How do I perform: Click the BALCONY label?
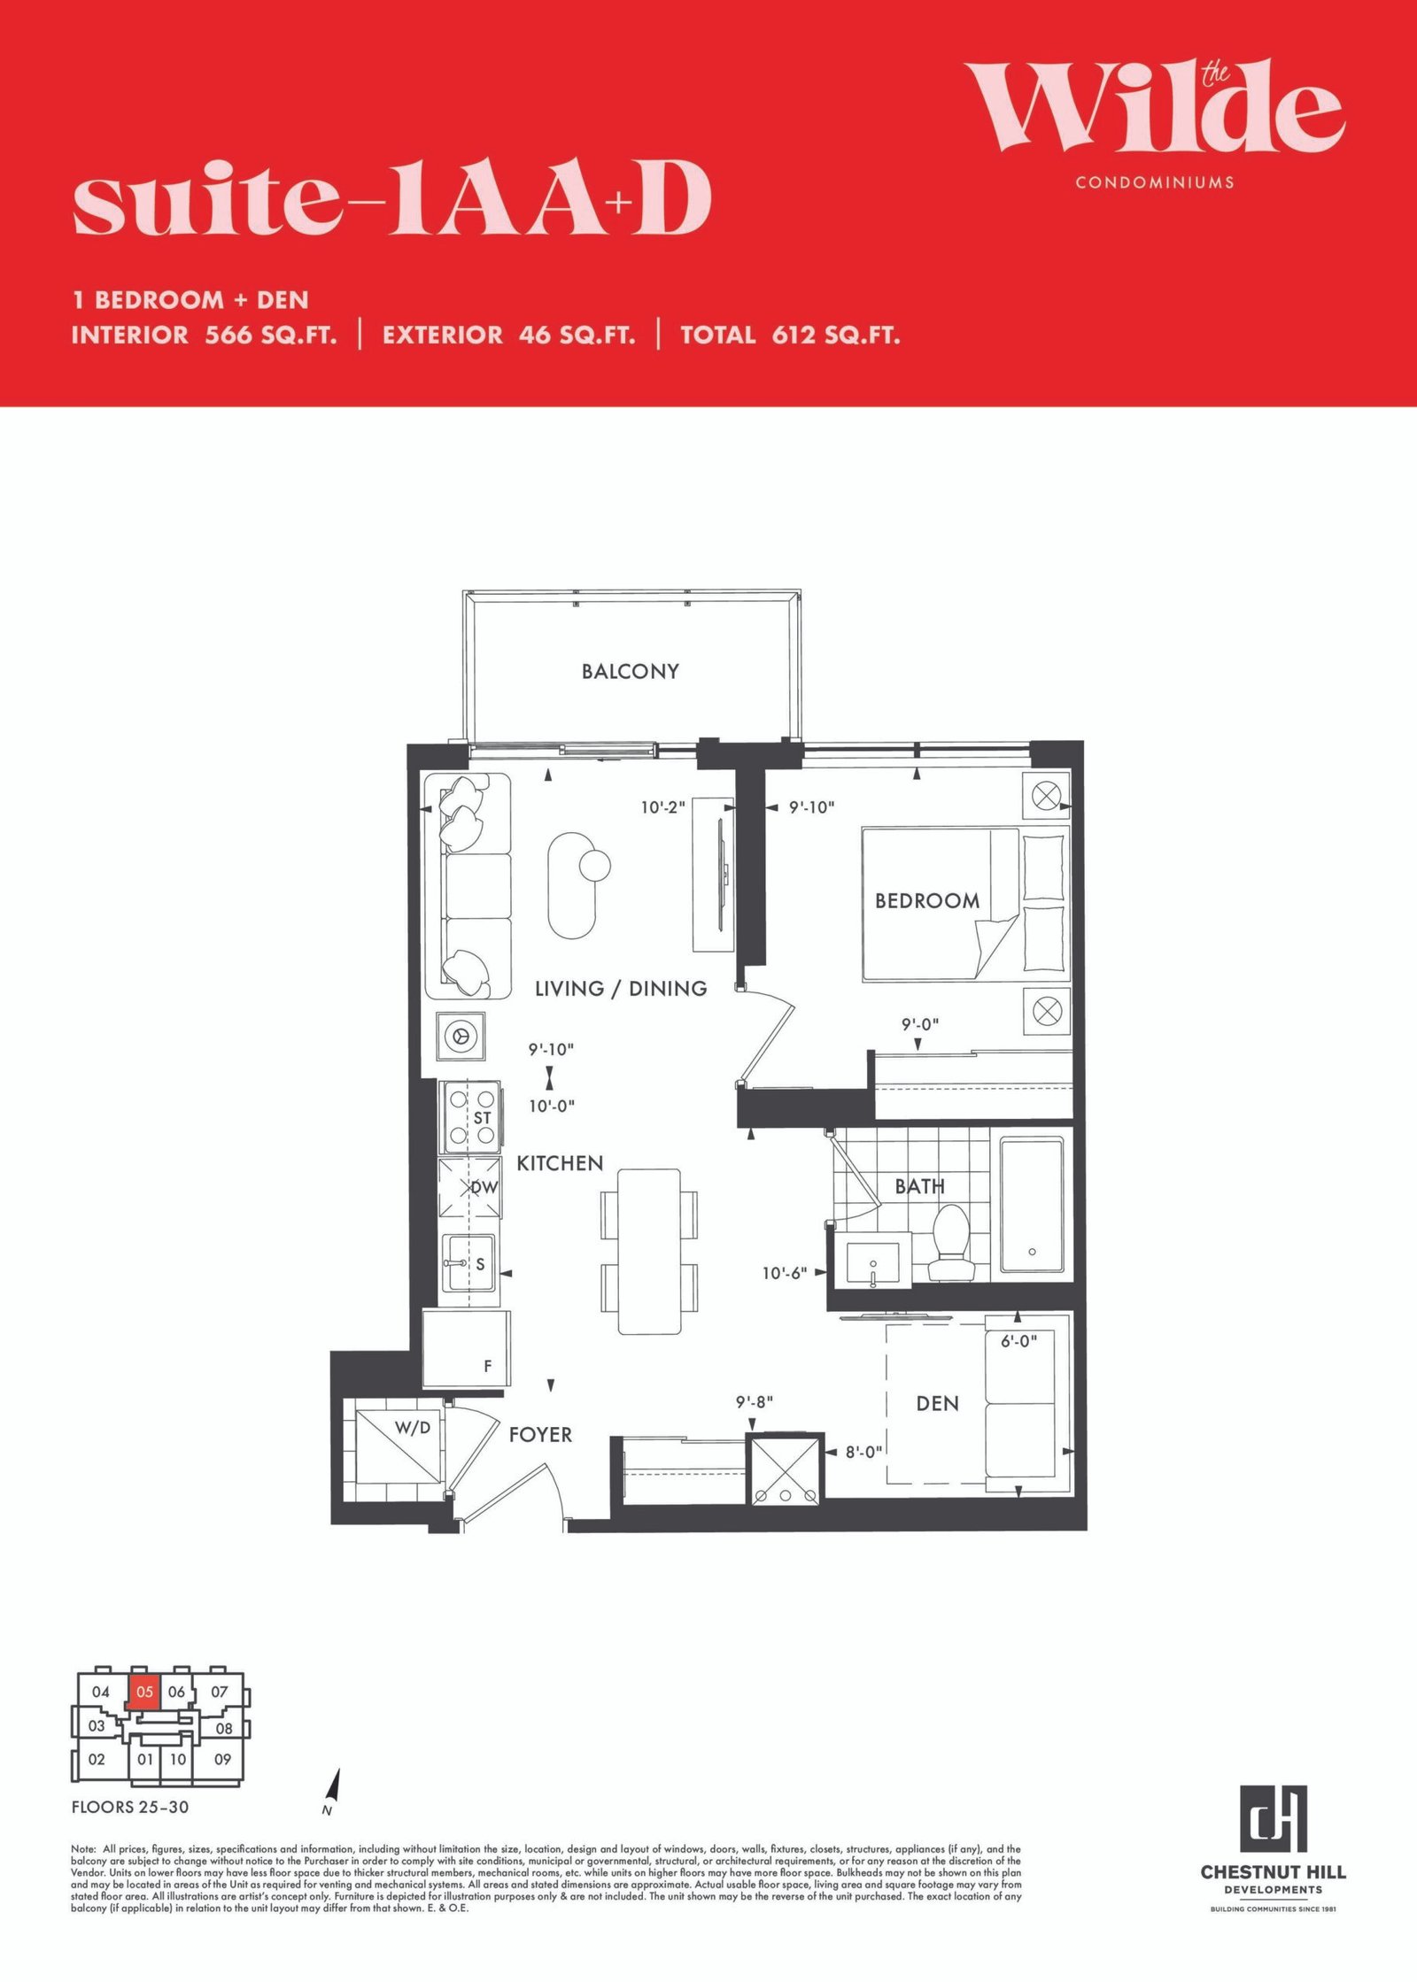pos(630,672)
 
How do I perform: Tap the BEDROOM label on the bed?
pos(927,901)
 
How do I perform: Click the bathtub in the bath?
pos(1032,1205)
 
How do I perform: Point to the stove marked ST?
pos(472,1116)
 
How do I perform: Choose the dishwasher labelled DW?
pos(470,1187)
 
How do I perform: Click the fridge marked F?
pos(466,1349)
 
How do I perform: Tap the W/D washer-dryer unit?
pos(398,1440)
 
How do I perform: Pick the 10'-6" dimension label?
pos(785,1273)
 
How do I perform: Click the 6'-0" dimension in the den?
pos(1018,1341)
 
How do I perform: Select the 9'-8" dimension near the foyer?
pos(755,1402)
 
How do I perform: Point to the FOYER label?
pos(540,1435)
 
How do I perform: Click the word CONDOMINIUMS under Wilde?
pos(1155,182)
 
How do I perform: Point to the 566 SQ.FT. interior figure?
pos(271,335)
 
